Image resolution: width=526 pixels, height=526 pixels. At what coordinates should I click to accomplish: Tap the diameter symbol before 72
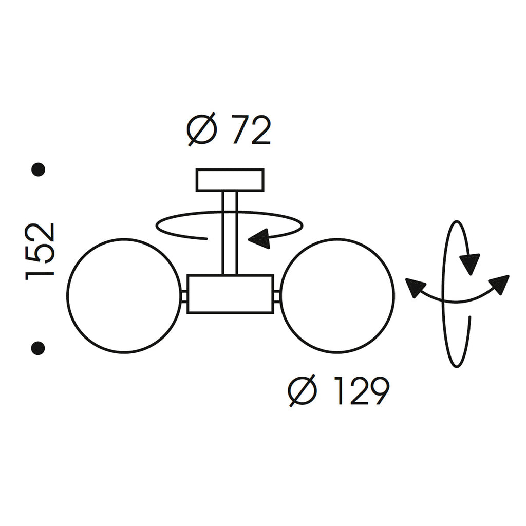coord(202,130)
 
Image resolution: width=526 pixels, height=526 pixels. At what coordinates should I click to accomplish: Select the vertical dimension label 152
coord(40,251)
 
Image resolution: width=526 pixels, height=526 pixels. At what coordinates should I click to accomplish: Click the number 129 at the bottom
coord(363,391)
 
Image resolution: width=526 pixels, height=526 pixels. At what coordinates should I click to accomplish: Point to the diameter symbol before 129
coord(303,391)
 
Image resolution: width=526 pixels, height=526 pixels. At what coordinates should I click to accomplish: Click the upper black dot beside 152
coord(38,170)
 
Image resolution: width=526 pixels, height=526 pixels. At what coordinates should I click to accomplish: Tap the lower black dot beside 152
coord(38,348)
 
